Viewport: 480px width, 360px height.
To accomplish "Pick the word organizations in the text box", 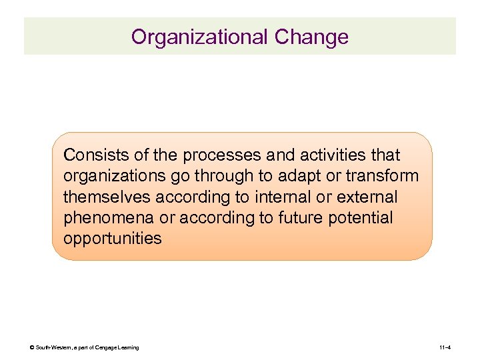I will pos(113,176).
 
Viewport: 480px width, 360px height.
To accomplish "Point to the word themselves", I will pos(107,197).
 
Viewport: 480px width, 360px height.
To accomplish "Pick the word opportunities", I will pos(112,239).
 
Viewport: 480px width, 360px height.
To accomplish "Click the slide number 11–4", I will pos(446,348).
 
